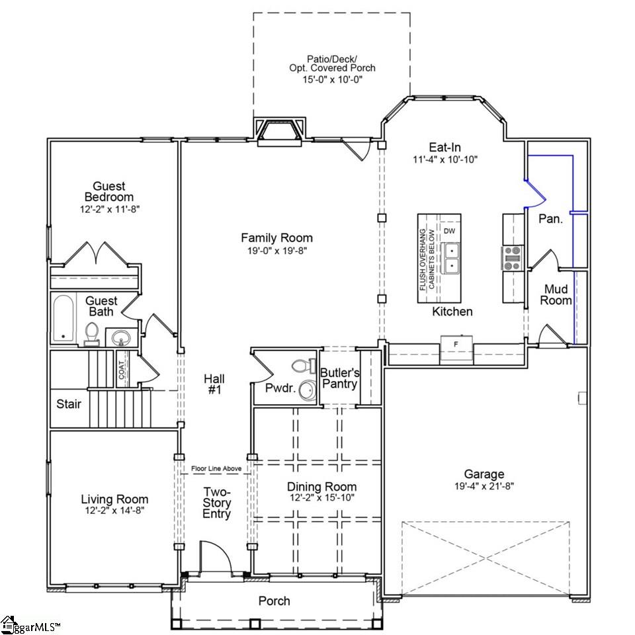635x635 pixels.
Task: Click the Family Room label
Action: (x=276, y=237)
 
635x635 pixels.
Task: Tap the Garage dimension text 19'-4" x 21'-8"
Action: (x=484, y=486)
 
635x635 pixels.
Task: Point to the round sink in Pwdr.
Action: (x=306, y=391)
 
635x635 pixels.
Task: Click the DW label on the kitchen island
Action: (x=449, y=231)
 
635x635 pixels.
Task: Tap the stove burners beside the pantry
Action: (x=513, y=258)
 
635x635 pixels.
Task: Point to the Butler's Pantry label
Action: (x=339, y=378)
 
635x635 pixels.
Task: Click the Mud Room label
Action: (x=558, y=294)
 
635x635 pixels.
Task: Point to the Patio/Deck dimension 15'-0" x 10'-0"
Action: (x=331, y=79)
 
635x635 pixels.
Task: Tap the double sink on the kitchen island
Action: (x=451, y=258)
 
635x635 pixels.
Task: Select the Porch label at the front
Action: (x=274, y=601)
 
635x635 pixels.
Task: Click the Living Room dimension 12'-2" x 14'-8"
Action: (x=114, y=511)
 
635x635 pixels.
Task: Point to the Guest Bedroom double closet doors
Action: (x=96, y=254)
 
